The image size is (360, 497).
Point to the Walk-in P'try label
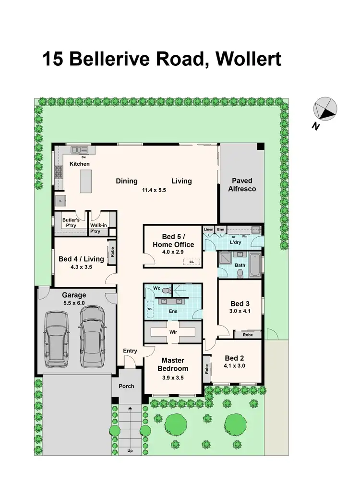point(98,228)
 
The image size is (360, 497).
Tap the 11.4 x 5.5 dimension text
point(155,190)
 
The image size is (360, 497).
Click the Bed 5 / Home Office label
point(171,241)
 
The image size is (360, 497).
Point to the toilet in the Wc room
point(166,291)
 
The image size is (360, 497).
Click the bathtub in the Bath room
point(254,266)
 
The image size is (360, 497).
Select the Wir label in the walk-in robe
point(173,332)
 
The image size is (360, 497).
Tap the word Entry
point(130,351)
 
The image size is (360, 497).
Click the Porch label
point(127,386)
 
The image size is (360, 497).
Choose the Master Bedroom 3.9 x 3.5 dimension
point(172,377)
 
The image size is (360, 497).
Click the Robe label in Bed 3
point(248,335)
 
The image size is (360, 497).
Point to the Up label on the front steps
point(130,450)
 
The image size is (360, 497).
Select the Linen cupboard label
point(208,230)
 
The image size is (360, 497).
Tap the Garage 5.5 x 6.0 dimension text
point(74,303)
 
